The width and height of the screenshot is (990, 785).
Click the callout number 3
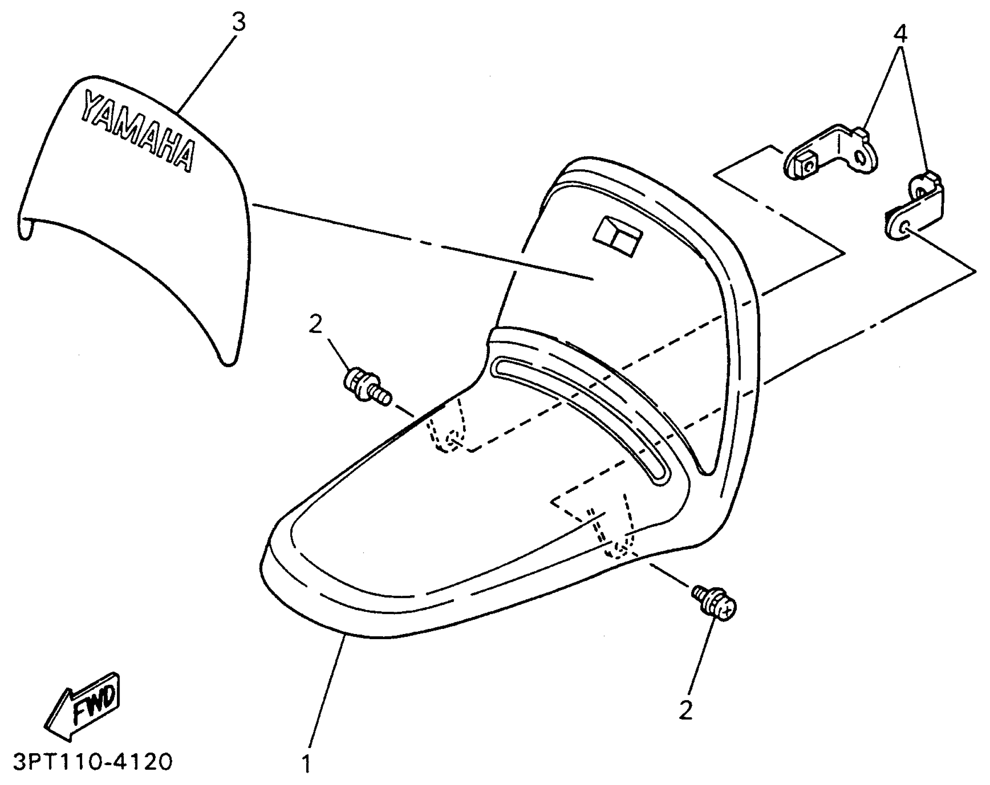238,22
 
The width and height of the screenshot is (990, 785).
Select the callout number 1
307,764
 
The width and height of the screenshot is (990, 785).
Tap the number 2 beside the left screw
315,325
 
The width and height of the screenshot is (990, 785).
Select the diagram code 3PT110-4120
92,762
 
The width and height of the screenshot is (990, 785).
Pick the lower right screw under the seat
715,604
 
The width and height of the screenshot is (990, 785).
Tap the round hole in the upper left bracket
859,160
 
